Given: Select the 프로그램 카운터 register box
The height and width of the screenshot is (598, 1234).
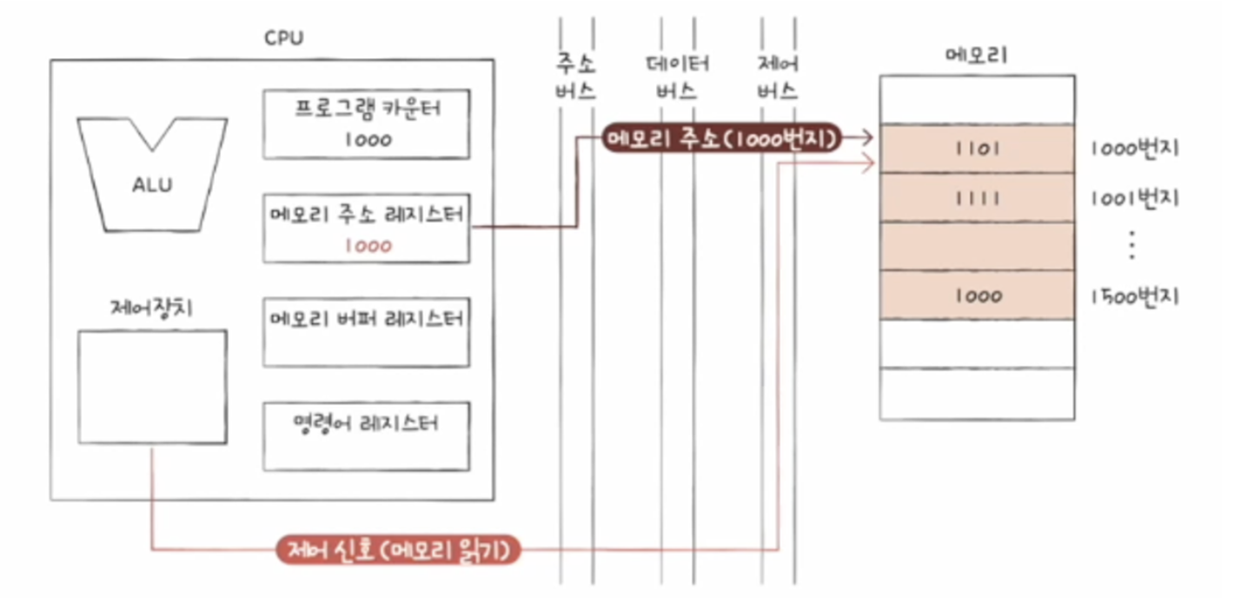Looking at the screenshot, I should [x=366, y=123].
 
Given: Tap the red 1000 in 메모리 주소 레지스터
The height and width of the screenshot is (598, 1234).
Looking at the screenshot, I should [x=367, y=246].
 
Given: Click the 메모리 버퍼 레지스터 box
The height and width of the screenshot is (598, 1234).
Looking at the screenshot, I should [x=366, y=332].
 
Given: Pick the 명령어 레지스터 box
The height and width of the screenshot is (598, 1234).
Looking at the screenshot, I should [x=366, y=436].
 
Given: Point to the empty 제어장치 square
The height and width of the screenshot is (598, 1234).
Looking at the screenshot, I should [x=152, y=387].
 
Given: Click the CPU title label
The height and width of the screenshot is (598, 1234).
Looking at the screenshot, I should [x=283, y=39].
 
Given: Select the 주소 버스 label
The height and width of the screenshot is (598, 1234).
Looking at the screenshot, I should [x=576, y=77].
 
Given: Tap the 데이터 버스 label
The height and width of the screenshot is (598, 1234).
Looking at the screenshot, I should [x=677, y=77].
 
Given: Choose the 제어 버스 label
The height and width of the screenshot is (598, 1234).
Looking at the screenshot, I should [x=778, y=77].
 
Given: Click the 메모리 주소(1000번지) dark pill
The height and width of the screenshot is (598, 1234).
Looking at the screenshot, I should [x=722, y=138].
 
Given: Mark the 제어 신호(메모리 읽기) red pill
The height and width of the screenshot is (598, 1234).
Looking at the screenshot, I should [x=399, y=549].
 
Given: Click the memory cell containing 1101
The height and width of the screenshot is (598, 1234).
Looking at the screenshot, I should [x=977, y=149].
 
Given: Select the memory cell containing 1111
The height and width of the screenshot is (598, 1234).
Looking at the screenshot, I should [x=977, y=198].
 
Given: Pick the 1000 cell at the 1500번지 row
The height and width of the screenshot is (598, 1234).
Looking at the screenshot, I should [x=977, y=296].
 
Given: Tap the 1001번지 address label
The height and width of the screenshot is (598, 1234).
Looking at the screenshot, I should [x=1133, y=198].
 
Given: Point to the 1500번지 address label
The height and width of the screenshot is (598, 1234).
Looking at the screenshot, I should [x=1133, y=296].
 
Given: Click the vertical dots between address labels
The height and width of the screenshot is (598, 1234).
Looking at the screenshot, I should [x=1131, y=247].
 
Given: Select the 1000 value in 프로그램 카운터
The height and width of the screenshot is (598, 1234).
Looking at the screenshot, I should [x=367, y=139].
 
